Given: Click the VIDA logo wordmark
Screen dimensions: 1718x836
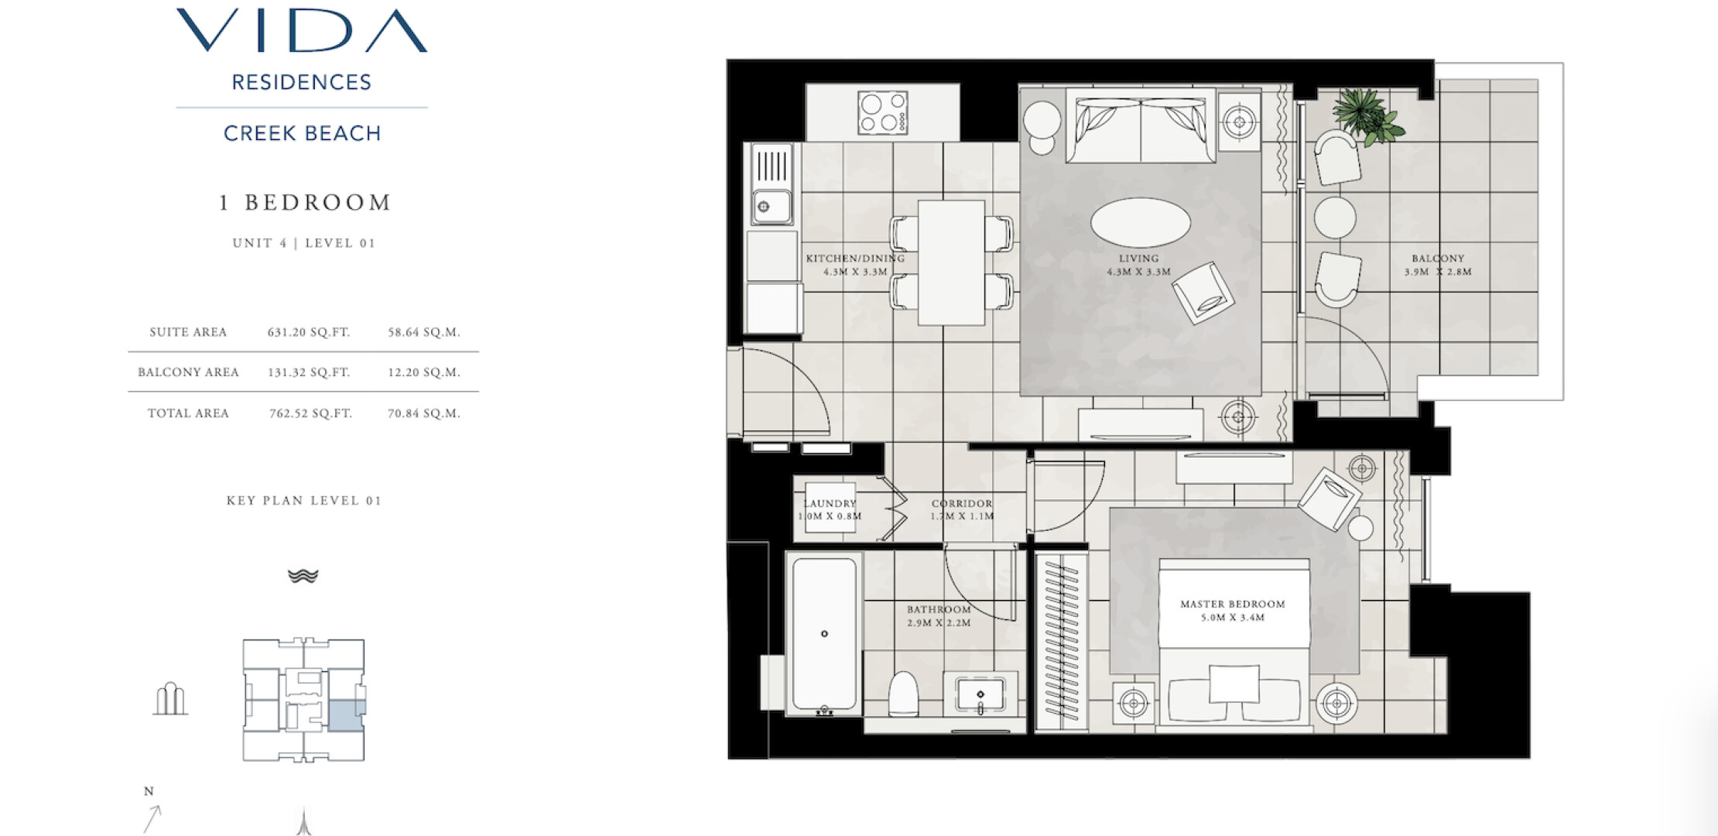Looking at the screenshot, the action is (302, 31).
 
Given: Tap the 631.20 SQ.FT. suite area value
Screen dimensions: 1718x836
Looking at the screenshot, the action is (309, 332).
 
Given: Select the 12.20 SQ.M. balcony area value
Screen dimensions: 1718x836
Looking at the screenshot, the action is (424, 372).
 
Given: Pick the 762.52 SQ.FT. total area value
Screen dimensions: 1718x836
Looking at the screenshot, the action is (310, 413).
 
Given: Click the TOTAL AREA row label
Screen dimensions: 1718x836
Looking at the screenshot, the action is (188, 413).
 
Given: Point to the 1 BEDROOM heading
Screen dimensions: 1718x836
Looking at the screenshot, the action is (305, 203).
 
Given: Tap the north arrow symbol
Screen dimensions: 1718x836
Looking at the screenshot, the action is (152, 818).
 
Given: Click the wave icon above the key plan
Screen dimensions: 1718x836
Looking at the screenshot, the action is (303, 576).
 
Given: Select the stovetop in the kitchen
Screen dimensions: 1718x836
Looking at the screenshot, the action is (882, 113).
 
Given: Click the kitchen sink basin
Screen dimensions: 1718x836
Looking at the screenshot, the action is (772, 206).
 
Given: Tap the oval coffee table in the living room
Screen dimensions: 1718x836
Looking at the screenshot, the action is (1141, 223).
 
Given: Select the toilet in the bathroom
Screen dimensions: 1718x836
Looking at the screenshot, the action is (903, 694).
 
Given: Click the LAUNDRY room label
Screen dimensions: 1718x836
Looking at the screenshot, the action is (830, 504).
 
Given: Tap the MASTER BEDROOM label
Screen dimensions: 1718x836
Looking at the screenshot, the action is (1233, 605).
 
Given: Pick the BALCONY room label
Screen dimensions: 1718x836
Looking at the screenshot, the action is (1438, 259).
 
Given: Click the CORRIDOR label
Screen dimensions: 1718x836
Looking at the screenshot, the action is (962, 503).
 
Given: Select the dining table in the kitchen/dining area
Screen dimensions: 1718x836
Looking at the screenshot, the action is (951, 262).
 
